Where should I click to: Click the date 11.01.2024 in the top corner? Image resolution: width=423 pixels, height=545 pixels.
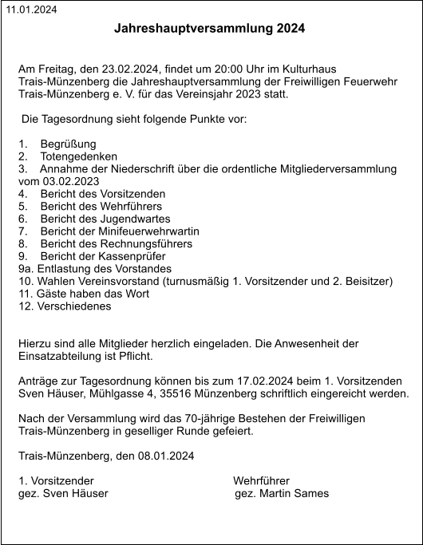32,10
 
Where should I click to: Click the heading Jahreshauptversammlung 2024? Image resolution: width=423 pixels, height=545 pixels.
210,29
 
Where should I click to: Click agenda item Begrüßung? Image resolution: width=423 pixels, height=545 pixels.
68,144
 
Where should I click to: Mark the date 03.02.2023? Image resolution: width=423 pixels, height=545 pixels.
72,181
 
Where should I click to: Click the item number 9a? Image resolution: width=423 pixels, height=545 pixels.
25,269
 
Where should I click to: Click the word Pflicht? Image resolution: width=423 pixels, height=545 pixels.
134,356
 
